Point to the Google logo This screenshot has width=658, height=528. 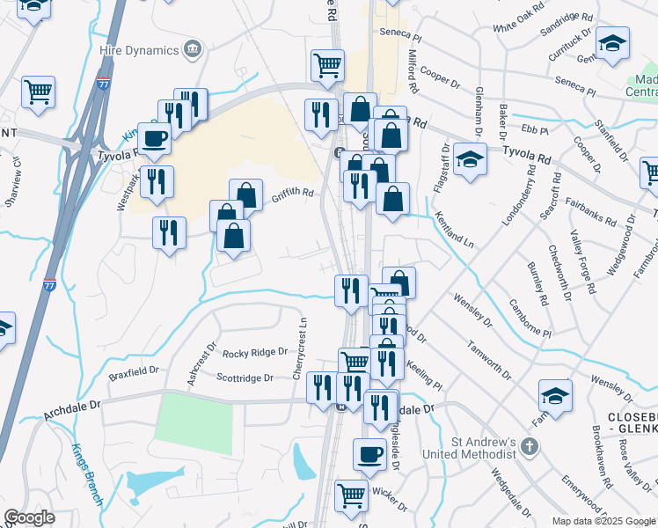(x=29, y=517)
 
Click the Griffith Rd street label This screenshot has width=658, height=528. (x=292, y=195)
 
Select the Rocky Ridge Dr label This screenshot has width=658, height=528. (x=255, y=353)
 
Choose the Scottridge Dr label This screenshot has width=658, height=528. (x=245, y=378)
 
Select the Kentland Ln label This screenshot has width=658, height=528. (x=454, y=232)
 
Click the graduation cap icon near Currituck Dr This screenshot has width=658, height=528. (x=612, y=44)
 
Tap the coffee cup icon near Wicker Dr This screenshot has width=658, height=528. (x=369, y=454)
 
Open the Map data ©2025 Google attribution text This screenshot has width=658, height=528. (x=603, y=520)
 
